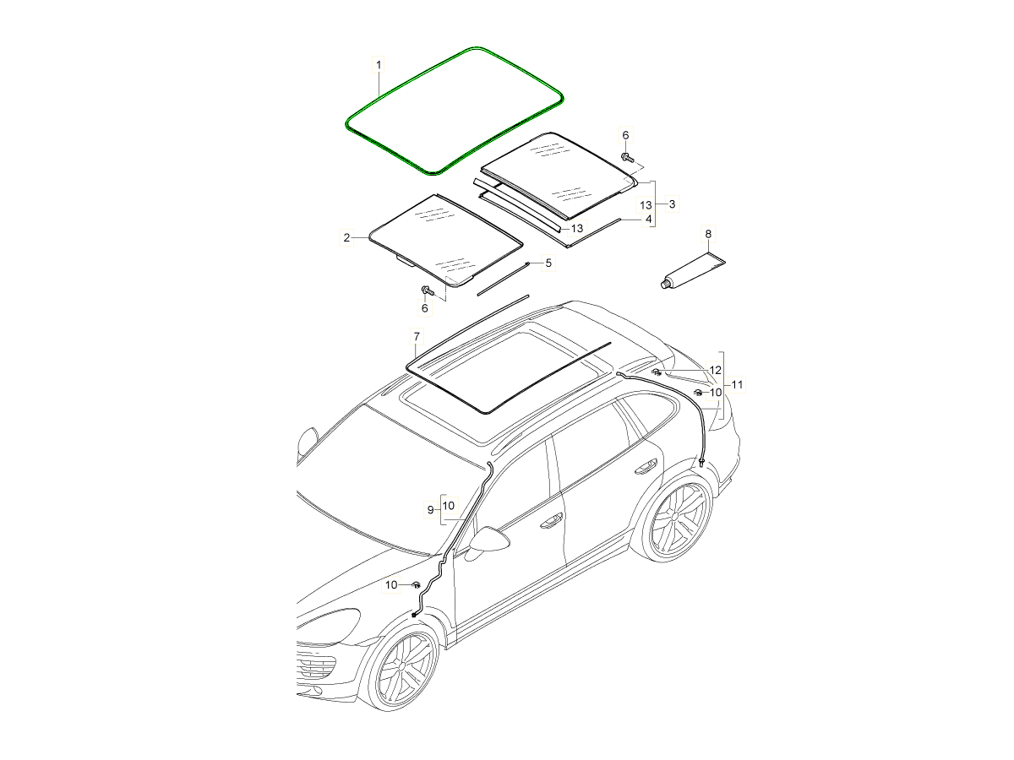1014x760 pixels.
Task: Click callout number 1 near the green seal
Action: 379,65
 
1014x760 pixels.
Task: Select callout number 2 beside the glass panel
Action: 346,238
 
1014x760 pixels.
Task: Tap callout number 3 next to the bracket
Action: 672,204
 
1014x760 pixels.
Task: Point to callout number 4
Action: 649,219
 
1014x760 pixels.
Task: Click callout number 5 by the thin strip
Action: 548,263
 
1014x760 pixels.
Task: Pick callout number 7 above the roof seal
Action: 416,337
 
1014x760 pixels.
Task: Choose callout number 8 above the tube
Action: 708,233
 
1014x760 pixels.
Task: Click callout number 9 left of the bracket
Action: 430,509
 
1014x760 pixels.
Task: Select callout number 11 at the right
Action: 737,384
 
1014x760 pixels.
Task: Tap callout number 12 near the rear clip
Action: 715,370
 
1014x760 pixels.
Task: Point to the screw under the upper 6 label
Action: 627,157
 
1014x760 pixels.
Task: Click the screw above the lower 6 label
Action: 426,290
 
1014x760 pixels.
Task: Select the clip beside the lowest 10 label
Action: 417,584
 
